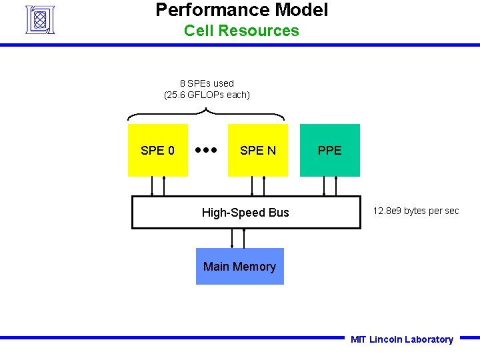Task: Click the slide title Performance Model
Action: (241, 10)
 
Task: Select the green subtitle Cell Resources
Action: (241, 31)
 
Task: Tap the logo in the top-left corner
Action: (39, 19)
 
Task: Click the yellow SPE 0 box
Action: (157, 151)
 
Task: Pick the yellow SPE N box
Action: (257, 151)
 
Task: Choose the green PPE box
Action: (329, 151)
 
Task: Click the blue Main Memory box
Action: (239, 267)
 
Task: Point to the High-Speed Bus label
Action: (245, 213)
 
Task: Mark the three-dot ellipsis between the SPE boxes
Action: (207, 150)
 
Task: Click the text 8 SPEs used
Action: (207, 83)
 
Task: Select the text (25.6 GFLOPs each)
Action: (207, 95)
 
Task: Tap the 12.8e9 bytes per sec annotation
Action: (416, 211)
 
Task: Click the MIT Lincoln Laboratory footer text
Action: (401, 339)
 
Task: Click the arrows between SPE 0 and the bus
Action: (158, 186)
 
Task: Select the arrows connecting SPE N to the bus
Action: (258, 186)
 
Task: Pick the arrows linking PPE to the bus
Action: (330, 186)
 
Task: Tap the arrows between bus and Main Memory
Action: (239, 238)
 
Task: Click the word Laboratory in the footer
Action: (429, 339)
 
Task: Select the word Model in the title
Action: (302, 10)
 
